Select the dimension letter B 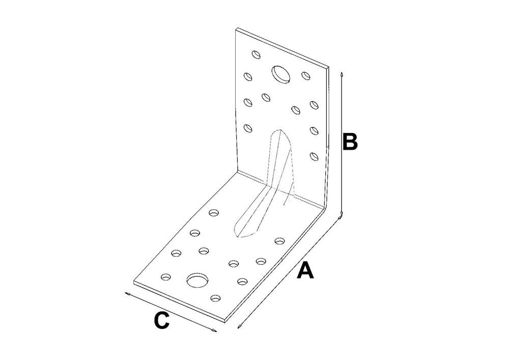[350, 142]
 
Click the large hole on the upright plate [281, 74]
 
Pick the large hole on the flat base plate [197, 280]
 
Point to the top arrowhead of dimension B [341, 74]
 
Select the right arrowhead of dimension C [214, 331]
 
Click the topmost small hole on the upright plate [257, 54]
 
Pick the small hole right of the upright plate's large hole [305, 76]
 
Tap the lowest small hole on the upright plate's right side [314, 156]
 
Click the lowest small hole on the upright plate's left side [248, 128]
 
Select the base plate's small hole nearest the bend [214, 213]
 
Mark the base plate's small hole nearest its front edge [215, 298]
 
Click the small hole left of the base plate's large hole [166, 277]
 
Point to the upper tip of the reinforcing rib [278, 130]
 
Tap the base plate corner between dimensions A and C [224, 321]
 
